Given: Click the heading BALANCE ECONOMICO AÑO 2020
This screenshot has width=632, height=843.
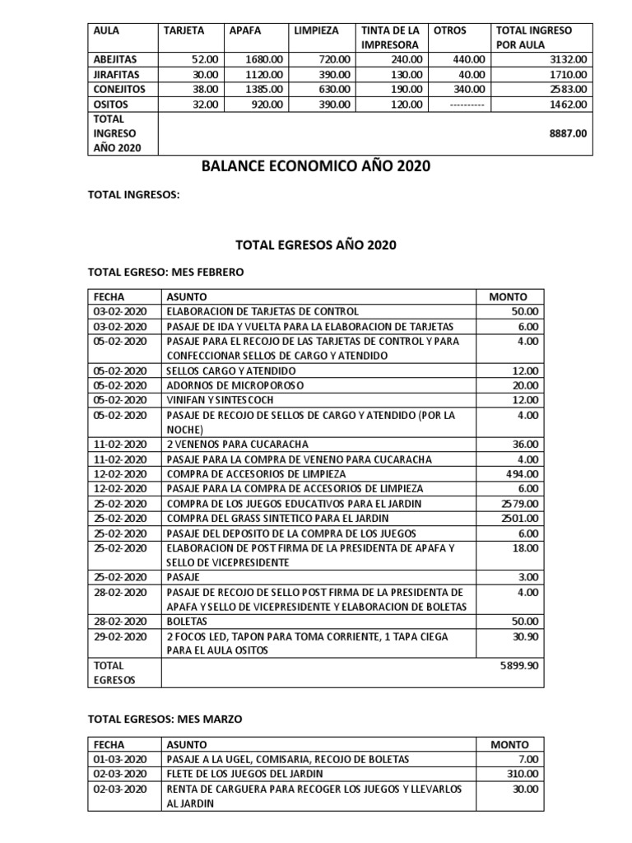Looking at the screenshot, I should coord(316,167).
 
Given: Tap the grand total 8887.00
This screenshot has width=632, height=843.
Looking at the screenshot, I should coord(569,133).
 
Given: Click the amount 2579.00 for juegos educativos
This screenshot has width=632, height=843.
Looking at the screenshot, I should coord(523,503).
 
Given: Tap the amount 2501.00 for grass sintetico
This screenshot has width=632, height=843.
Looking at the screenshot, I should coord(523,518).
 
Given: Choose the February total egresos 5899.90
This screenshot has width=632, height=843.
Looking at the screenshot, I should coord(521,665).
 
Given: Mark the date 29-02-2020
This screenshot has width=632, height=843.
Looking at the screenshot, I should coord(120,636).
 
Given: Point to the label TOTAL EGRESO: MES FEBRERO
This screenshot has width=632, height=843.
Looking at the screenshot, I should coord(166,272).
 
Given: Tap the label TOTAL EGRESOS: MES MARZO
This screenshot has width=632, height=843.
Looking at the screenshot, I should coord(165,719).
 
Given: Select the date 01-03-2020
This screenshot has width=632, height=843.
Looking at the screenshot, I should coord(120,758).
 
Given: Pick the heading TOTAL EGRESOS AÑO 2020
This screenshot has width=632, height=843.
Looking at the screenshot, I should coord(316,245).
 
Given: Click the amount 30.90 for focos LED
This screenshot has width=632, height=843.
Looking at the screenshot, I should coord(527,636).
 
